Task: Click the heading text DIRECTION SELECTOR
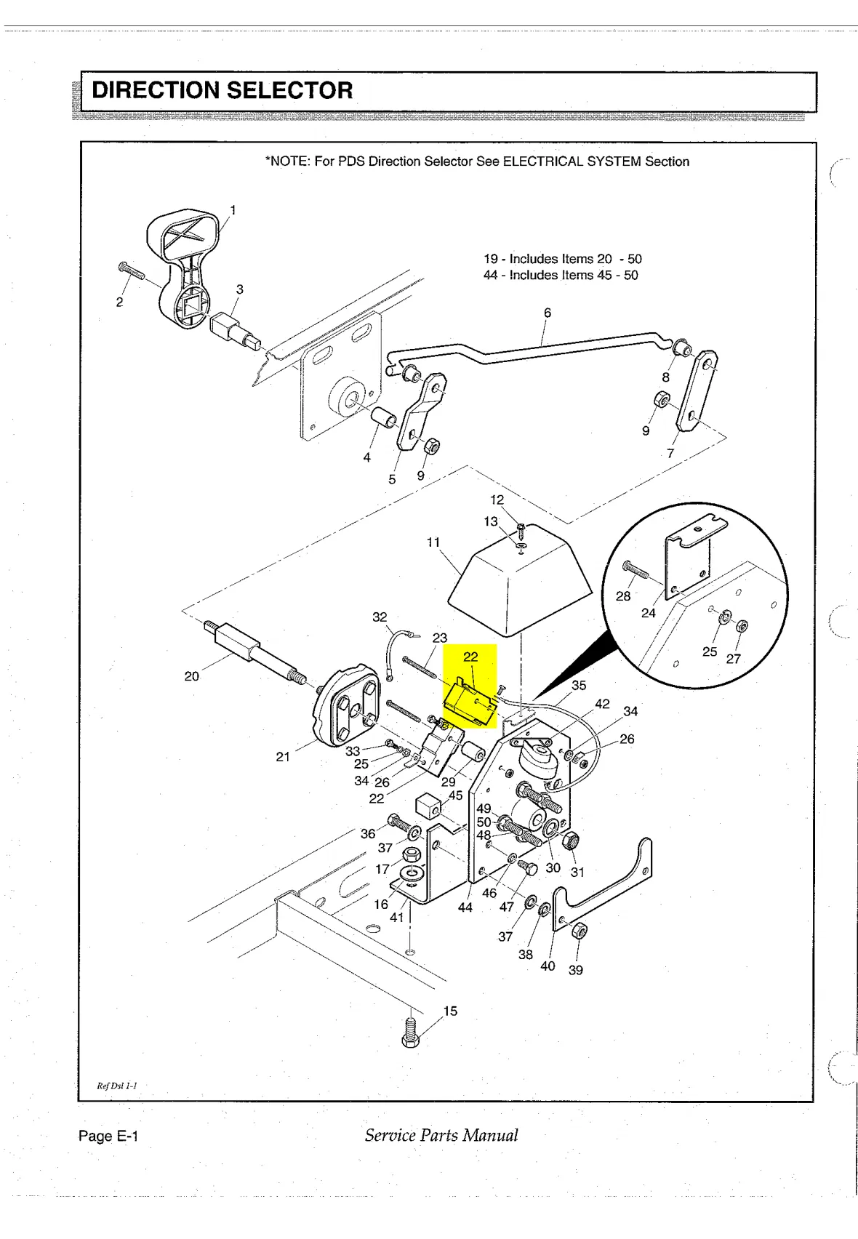(x=222, y=90)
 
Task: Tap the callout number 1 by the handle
(x=233, y=210)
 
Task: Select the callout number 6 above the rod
(x=547, y=313)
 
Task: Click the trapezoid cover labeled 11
(x=519, y=586)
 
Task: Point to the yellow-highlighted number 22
(x=470, y=657)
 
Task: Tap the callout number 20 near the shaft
(x=191, y=676)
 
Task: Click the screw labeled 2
(x=132, y=270)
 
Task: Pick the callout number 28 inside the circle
(x=623, y=596)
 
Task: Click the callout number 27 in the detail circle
(x=733, y=658)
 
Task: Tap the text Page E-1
(x=108, y=1136)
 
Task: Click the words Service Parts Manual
(x=441, y=1136)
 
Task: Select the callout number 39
(x=575, y=970)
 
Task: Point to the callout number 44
(x=465, y=907)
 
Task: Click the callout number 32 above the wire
(x=380, y=617)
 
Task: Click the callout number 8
(x=665, y=377)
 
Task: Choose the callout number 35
(x=579, y=686)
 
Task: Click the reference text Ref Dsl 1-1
(x=117, y=1086)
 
